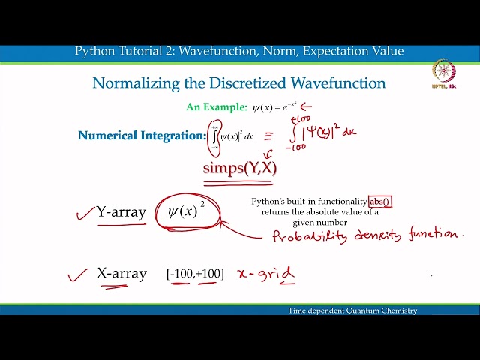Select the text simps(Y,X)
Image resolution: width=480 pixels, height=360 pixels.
click(239, 168)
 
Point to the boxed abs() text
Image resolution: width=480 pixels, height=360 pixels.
click(380, 202)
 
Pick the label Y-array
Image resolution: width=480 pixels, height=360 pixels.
click(121, 212)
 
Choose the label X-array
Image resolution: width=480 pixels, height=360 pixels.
click(121, 273)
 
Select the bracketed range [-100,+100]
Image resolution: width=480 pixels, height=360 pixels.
click(195, 274)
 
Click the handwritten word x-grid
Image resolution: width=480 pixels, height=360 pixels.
click(265, 274)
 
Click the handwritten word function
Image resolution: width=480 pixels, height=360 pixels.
click(433, 235)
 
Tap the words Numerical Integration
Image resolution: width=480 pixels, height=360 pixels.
click(141, 136)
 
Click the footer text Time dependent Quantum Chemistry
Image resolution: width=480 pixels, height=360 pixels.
click(352, 310)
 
